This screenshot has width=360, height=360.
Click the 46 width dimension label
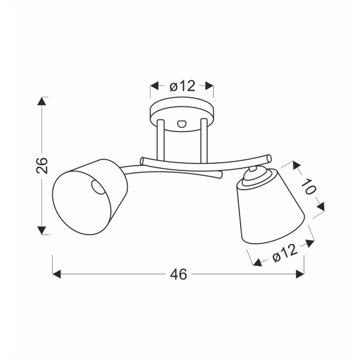coord(178,274)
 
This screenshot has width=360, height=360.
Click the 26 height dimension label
coord(42,166)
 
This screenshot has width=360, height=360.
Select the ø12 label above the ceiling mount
coord(182,86)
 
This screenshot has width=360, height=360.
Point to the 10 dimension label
coord(308,187)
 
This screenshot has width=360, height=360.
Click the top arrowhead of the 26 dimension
coord(41,101)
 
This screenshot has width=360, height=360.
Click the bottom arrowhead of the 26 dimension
coord(41,230)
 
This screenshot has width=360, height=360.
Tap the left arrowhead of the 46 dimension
coord(57,274)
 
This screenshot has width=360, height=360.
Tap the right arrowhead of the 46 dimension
coord(300,274)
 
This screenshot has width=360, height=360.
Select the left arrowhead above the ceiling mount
coord(155,86)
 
